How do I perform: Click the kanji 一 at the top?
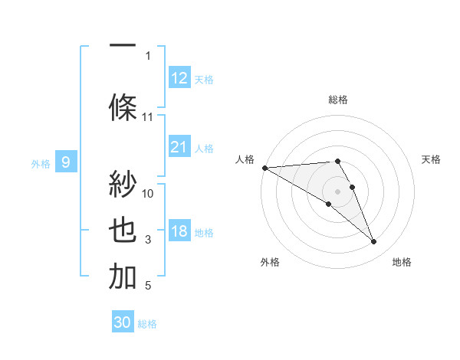click(123, 44)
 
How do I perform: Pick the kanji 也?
click(123, 231)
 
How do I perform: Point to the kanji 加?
click(123, 277)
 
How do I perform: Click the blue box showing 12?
click(179, 78)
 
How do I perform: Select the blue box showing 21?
click(179, 147)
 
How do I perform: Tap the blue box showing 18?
click(179, 231)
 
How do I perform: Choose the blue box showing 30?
click(123, 322)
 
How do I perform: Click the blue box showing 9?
click(66, 162)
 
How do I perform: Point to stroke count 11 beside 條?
click(148, 117)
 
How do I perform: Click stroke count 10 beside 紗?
click(148, 193)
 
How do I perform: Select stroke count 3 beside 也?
click(148, 241)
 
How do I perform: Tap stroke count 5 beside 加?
click(148, 286)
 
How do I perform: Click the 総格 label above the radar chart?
click(338, 100)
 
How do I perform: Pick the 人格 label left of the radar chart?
click(244, 159)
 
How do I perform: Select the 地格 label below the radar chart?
click(402, 263)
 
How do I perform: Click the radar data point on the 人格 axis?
click(264, 167)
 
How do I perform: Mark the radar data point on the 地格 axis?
click(373, 241)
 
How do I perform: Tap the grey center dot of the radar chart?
click(338, 191)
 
